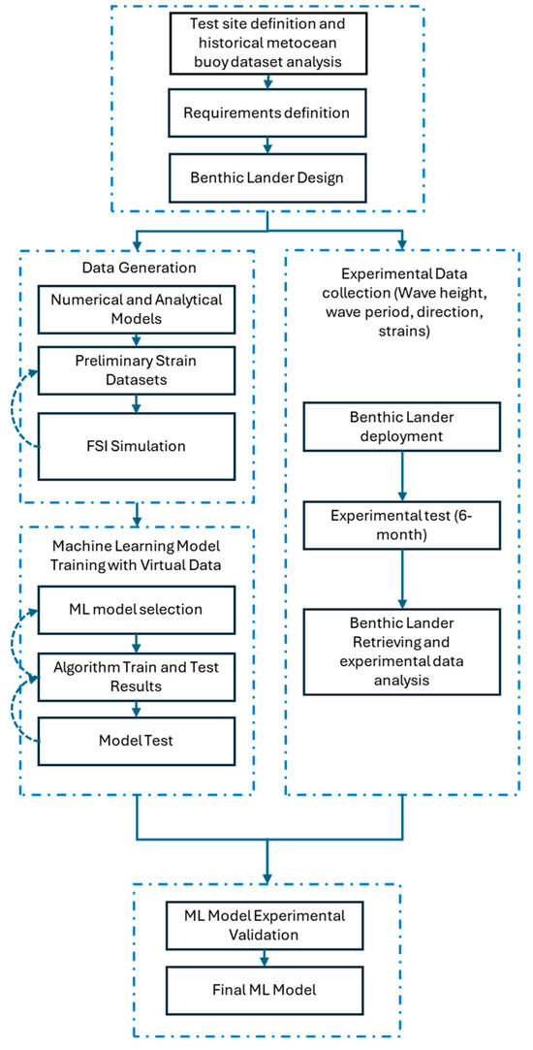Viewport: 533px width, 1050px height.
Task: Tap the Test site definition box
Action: (266, 46)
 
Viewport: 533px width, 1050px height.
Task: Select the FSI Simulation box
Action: (138, 446)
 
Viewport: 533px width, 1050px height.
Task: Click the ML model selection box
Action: (138, 610)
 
